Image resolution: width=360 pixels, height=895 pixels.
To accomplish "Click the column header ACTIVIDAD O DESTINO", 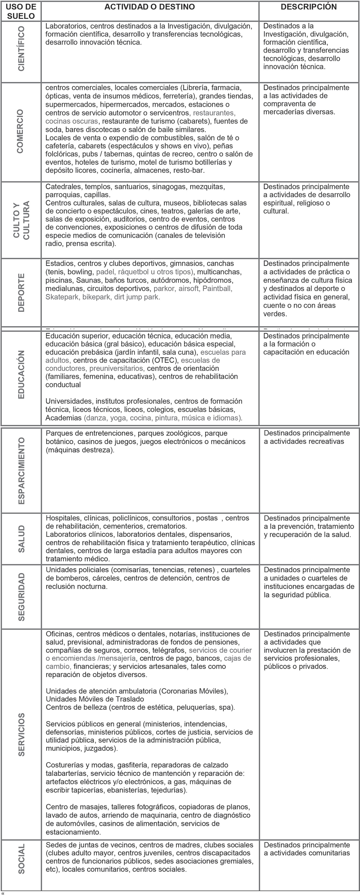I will pos(150,7).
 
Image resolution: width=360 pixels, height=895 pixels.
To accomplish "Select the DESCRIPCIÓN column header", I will pos(309,7).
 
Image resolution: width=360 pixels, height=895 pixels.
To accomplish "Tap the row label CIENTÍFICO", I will pos(21,49).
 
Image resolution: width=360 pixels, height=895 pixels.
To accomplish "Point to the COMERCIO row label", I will pos(20,131).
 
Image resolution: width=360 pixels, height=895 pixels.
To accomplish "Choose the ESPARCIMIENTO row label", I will pos(21,471).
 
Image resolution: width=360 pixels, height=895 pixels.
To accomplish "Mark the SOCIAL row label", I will pos(21,859).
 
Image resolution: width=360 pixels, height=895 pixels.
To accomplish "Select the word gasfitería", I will pos(133,765).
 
